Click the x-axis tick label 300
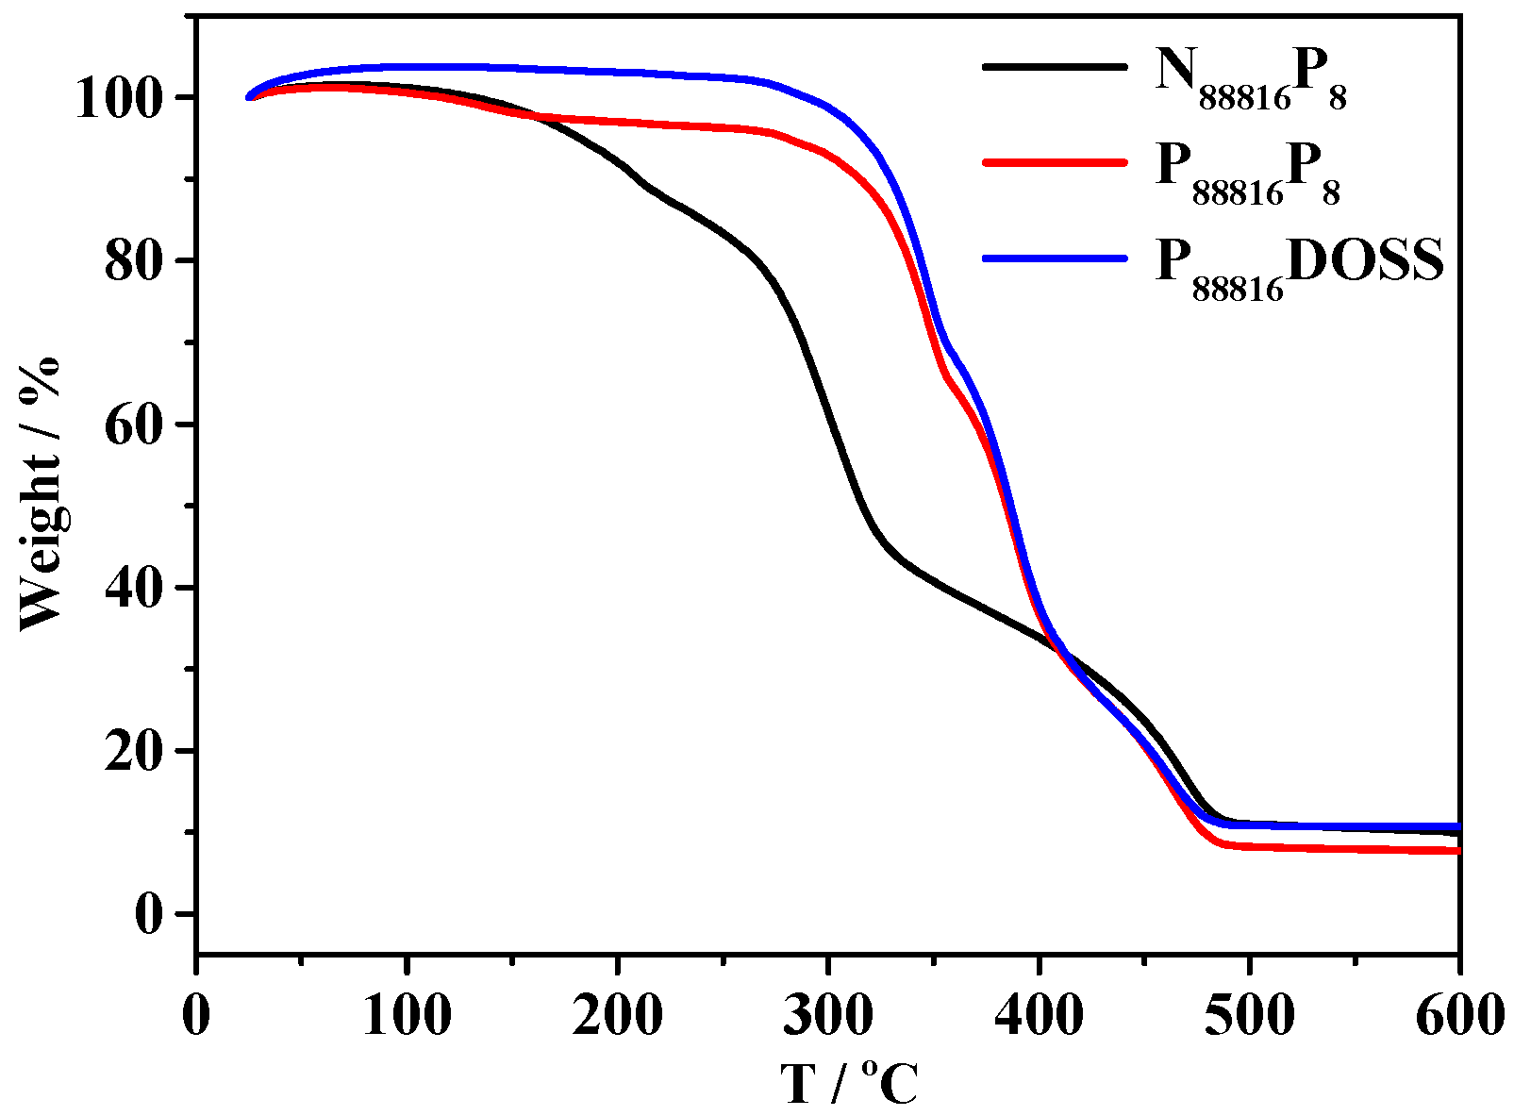tap(827, 1017)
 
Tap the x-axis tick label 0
tap(196, 1017)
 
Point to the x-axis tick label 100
tap(407, 1017)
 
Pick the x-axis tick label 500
tap(1248, 1017)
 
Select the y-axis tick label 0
tap(151, 914)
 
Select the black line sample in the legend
tap(1055, 67)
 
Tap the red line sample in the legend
tap(1055, 162)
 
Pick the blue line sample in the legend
tap(1055, 258)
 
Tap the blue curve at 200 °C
tap(617, 72)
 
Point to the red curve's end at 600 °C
tap(1457, 851)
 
